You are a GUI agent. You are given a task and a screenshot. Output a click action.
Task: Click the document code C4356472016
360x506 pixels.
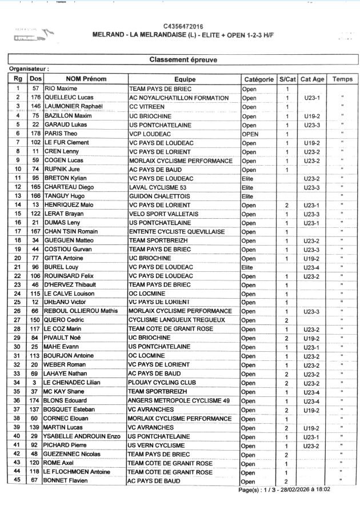point(182,26)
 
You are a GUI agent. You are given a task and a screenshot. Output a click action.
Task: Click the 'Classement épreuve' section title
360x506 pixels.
point(182,59)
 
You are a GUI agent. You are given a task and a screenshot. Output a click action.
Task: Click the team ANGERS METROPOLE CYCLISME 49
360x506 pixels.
point(179,401)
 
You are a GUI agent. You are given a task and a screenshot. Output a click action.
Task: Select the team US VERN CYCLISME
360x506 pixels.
point(158,445)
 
